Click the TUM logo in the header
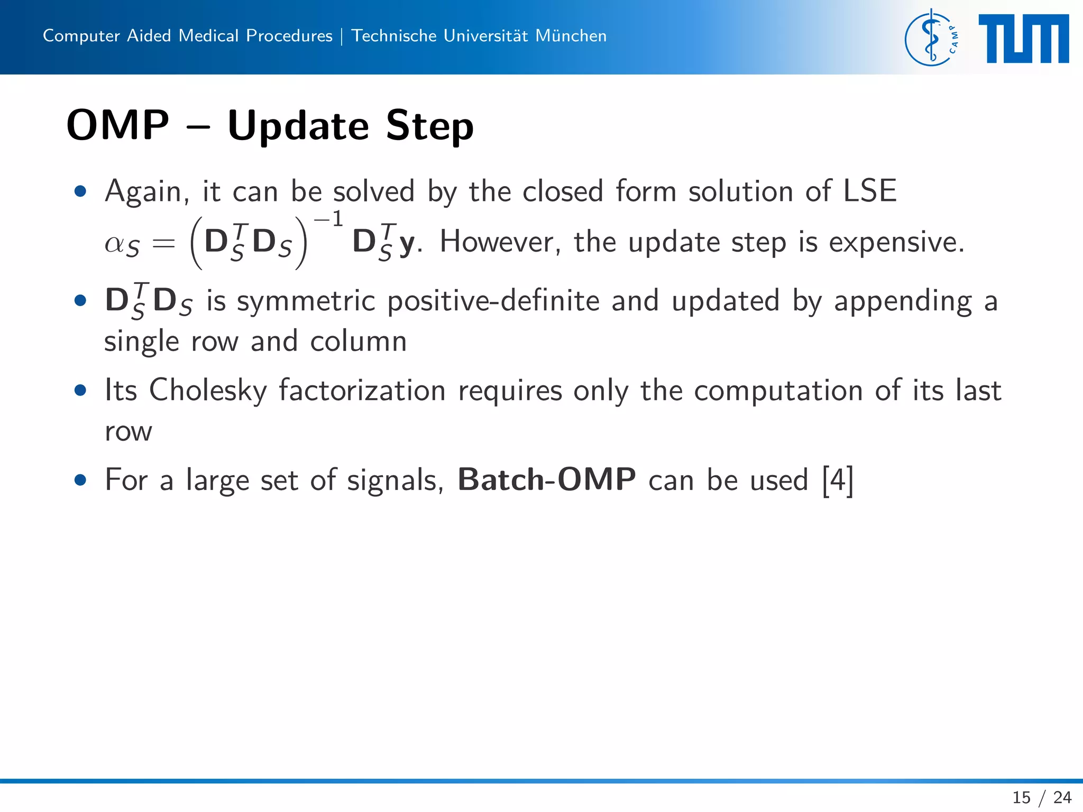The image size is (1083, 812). coord(1023,39)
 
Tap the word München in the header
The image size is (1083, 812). coord(571,35)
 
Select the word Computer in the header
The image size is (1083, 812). coord(81,35)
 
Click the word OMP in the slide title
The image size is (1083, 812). coord(118,125)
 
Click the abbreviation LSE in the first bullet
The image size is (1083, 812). coord(869,191)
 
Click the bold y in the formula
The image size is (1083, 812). coord(406,244)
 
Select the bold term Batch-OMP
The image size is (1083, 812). coord(546,479)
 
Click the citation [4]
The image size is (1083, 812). coord(838,480)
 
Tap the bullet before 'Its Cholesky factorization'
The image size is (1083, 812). coord(80,390)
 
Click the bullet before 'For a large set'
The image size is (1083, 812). coord(80,480)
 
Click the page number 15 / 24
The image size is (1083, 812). coord(1041,797)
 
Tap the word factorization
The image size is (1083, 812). coord(362,391)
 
